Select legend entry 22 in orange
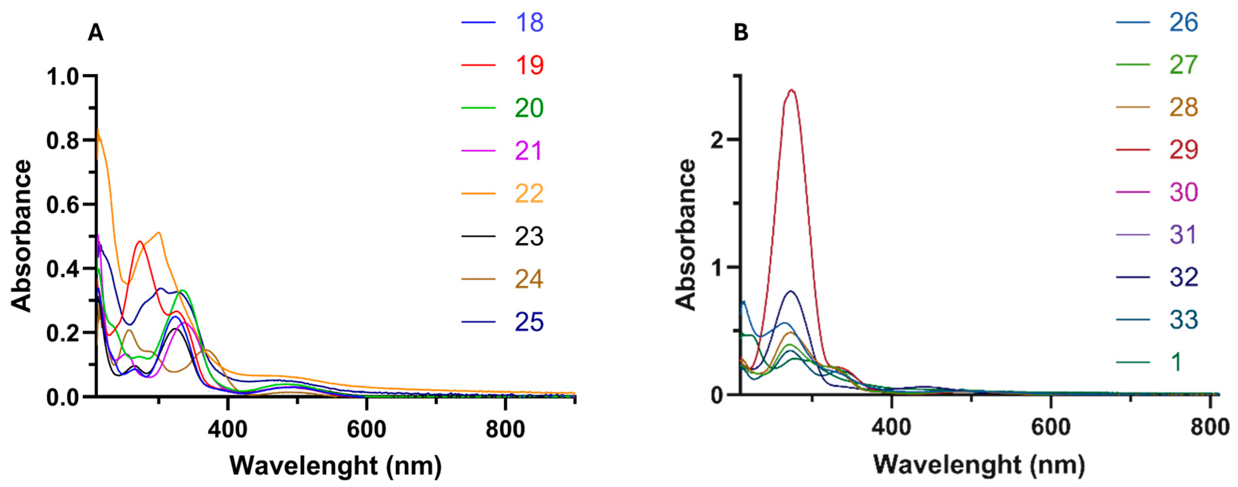(x=529, y=194)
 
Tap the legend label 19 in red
(x=529, y=65)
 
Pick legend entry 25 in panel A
(x=529, y=322)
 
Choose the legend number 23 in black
(x=529, y=237)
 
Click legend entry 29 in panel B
(x=1183, y=150)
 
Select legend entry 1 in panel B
(x=1176, y=362)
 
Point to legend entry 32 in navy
(x=1183, y=278)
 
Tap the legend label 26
(x=1183, y=23)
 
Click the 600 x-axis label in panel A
(x=366, y=429)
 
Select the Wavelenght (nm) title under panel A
(x=335, y=465)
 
